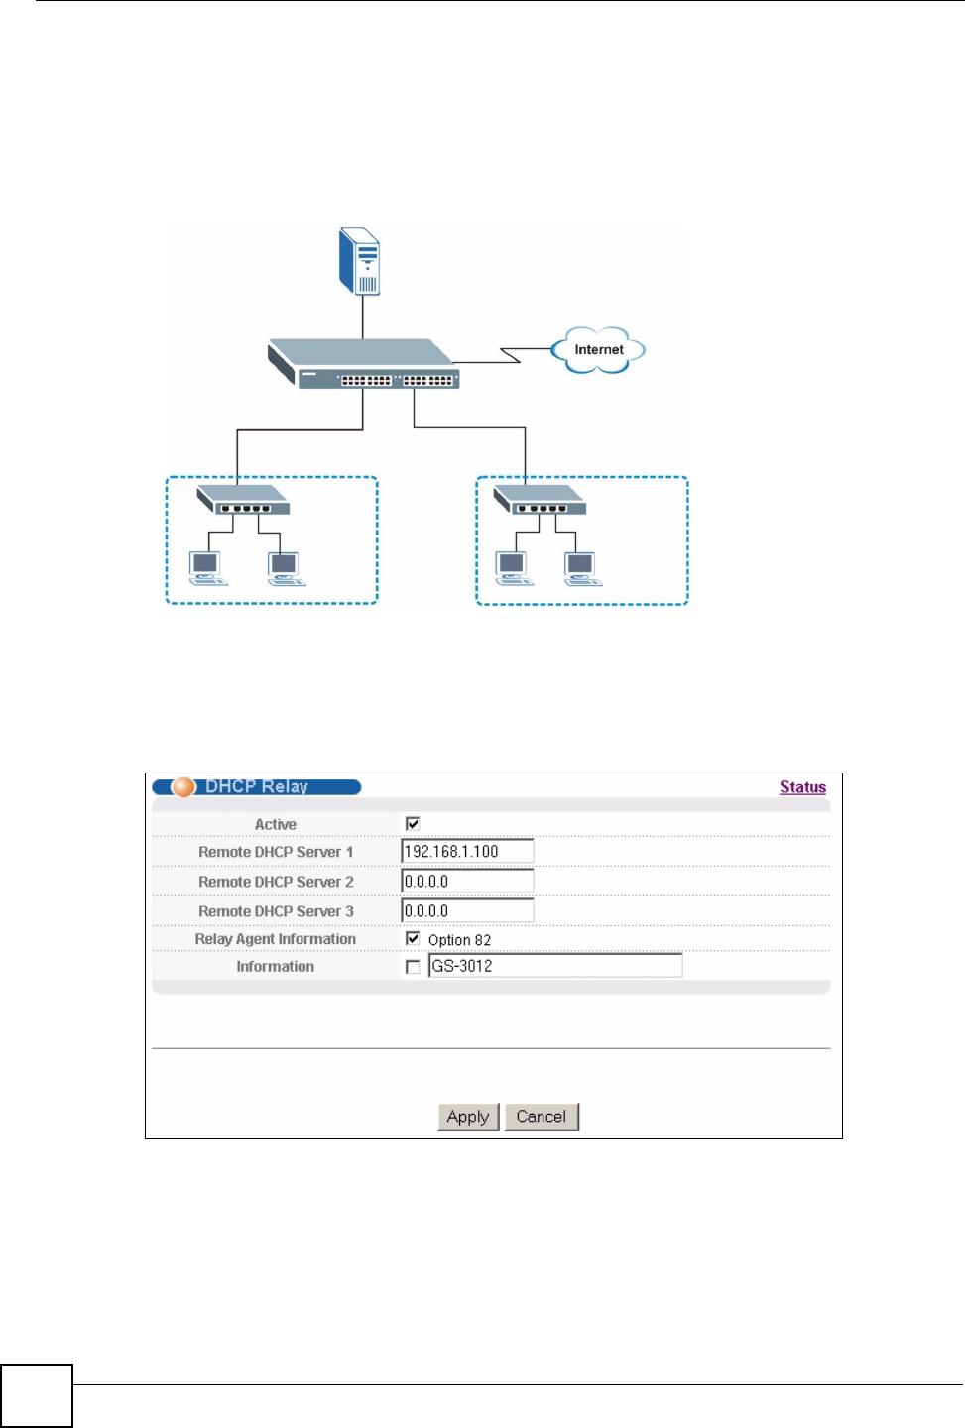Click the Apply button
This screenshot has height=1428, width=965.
468,1117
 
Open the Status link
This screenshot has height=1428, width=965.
802,787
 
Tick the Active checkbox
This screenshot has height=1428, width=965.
413,824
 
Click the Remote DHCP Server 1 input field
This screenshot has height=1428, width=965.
467,852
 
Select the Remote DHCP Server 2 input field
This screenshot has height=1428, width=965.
467,882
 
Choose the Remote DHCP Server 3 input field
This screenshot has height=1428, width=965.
467,911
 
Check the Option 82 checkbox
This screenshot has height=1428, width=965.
413,939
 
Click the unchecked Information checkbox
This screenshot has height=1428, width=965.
413,967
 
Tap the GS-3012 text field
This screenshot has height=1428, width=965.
555,966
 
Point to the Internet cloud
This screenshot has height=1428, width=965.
599,350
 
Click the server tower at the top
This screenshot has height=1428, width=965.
360,261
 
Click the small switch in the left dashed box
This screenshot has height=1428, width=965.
243,500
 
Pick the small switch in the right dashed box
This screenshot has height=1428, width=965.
541,500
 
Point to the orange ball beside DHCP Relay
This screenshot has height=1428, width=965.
183,787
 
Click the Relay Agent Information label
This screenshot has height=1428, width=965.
275,939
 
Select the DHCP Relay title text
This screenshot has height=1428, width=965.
257,787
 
